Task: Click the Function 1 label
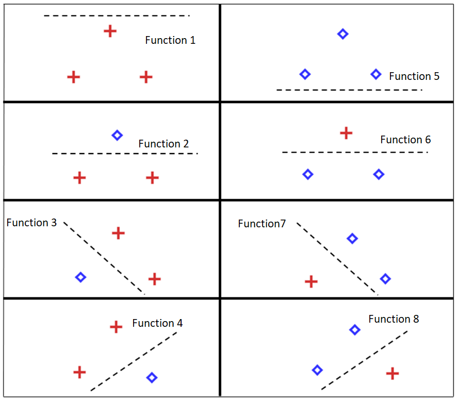click(x=170, y=40)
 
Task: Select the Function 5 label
click(x=414, y=76)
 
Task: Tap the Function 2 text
click(x=164, y=144)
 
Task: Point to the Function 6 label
click(x=405, y=140)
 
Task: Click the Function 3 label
click(x=31, y=223)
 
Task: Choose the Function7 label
click(x=262, y=224)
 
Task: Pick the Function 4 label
click(x=157, y=323)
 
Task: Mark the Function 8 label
click(x=394, y=319)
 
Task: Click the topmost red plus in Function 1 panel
click(x=110, y=31)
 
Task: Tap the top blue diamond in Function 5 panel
click(x=342, y=34)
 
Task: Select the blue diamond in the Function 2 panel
click(x=117, y=136)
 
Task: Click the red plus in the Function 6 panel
click(x=346, y=133)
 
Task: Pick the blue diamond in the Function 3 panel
click(x=80, y=277)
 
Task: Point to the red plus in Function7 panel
click(x=311, y=281)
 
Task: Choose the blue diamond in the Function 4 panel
click(x=151, y=378)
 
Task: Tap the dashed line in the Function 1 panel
click(x=117, y=16)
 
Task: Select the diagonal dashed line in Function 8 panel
click(x=364, y=360)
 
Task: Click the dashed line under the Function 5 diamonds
click(x=349, y=90)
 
